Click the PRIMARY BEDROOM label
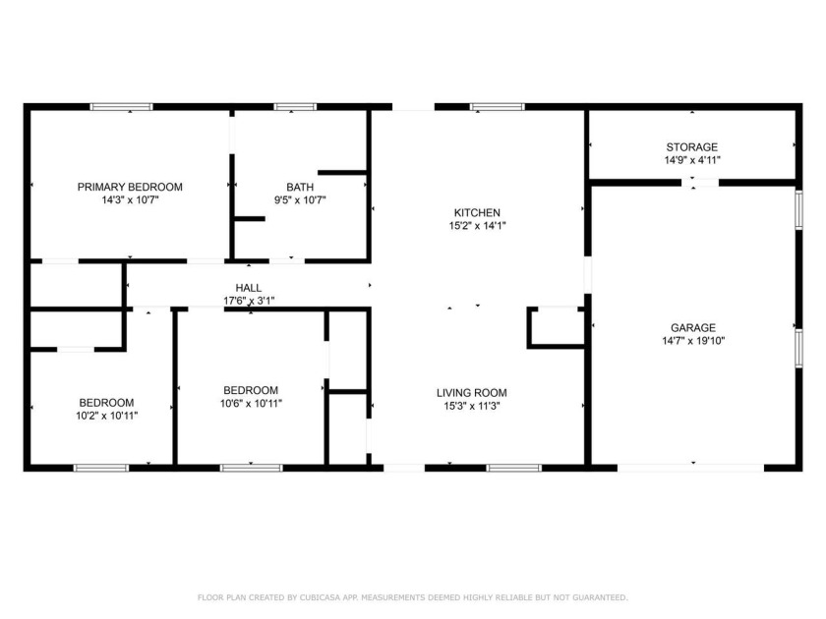point(130,187)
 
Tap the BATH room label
point(300,187)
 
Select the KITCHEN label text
point(477,212)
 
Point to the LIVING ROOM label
point(471,393)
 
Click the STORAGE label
point(691,147)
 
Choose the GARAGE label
point(692,327)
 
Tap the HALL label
point(249,288)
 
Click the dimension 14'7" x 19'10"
point(693,341)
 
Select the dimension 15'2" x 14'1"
point(477,226)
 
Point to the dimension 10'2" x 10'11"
point(107,416)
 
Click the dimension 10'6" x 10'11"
point(251,404)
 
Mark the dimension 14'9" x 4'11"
point(692,160)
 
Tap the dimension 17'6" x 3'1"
point(249,301)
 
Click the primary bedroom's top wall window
point(121,107)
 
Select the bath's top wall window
point(295,107)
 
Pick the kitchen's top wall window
point(498,107)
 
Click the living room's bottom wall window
point(513,468)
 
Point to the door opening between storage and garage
point(700,183)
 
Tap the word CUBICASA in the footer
point(320,597)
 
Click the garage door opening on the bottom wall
point(690,468)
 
